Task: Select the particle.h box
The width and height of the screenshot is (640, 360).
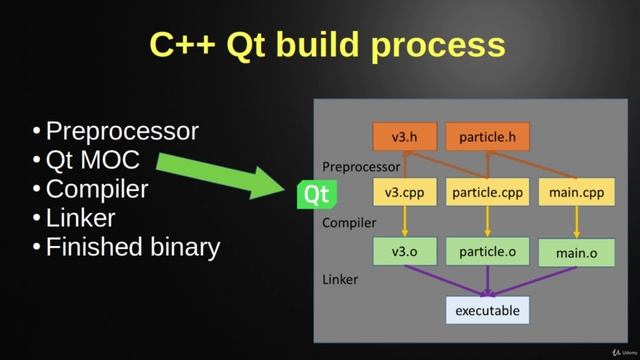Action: pos(487,136)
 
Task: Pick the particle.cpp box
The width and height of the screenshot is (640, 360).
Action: pos(486,193)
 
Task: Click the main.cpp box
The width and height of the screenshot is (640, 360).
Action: pos(577,193)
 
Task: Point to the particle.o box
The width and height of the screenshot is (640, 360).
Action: pos(487,251)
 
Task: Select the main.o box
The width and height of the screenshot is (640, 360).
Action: pos(577,252)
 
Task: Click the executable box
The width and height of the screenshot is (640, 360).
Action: pos(487,310)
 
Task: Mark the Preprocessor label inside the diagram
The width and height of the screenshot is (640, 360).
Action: pos(361,166)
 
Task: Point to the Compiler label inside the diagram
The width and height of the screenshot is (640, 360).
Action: pos(349,223)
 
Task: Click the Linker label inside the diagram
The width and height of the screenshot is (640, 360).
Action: pos(340,280)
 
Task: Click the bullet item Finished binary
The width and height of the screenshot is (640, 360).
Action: pos(132,247)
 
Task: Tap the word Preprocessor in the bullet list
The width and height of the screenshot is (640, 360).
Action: pos(122,131)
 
